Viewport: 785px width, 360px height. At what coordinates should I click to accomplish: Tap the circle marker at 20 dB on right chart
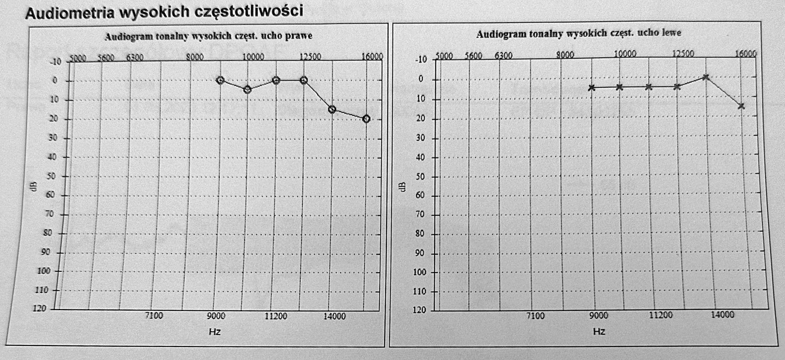tap(366, 119)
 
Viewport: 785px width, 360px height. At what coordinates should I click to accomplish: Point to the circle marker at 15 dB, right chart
tap(332, 109)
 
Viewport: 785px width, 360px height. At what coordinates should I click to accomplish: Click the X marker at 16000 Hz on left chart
tap(741, 106)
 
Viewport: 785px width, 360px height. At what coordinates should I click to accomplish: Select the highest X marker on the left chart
tap(706, 77)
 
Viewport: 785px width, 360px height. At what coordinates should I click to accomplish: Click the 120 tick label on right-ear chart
tap(40, 308)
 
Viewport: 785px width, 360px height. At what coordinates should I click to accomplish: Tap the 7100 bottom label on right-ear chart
tap(154, 315)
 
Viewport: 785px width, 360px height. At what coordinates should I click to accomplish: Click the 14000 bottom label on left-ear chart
tap(722, 315)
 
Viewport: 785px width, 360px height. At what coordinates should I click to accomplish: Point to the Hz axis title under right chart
tap(215, 332)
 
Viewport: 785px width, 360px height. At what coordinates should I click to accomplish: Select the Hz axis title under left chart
tap(599, 331)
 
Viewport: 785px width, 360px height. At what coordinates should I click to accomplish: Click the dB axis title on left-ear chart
tap(403, 186)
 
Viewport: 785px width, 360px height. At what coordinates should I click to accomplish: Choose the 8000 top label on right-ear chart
tap(195, 57)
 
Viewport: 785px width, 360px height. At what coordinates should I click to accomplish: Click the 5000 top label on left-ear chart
tap(444, 56)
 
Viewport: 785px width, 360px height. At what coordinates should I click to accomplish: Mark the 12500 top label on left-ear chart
tap(684, 54)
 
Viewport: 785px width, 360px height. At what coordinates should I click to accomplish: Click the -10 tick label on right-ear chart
tap(55, 62)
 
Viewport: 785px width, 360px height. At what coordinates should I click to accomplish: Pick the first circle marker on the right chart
tap(220, 80)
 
